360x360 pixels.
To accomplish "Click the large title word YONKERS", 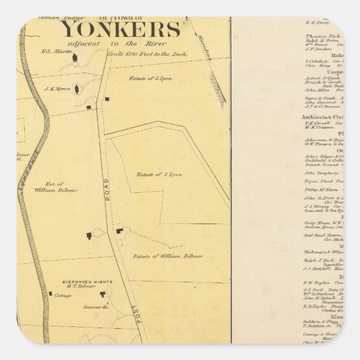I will coord(120,29).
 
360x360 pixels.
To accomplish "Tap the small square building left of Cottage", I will coord(50,293).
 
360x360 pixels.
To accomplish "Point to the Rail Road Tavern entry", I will coord(322,235).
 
